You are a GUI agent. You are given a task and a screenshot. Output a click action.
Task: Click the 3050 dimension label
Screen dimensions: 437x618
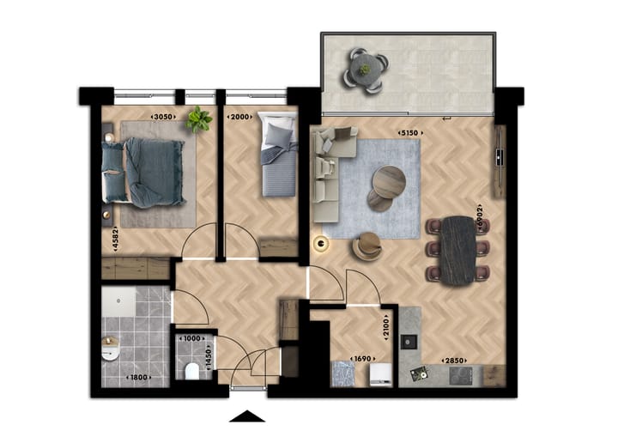[x=163, y=116]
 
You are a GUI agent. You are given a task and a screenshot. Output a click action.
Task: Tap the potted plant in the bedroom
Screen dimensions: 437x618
[x=199, y=118]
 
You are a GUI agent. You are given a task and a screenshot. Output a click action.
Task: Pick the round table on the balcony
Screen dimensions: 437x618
[x=365, y=68]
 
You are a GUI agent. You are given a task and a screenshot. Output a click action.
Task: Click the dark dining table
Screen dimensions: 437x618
[x=458, y=249]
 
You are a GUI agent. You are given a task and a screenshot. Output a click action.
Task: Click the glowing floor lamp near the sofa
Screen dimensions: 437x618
[x=322, y=245]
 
